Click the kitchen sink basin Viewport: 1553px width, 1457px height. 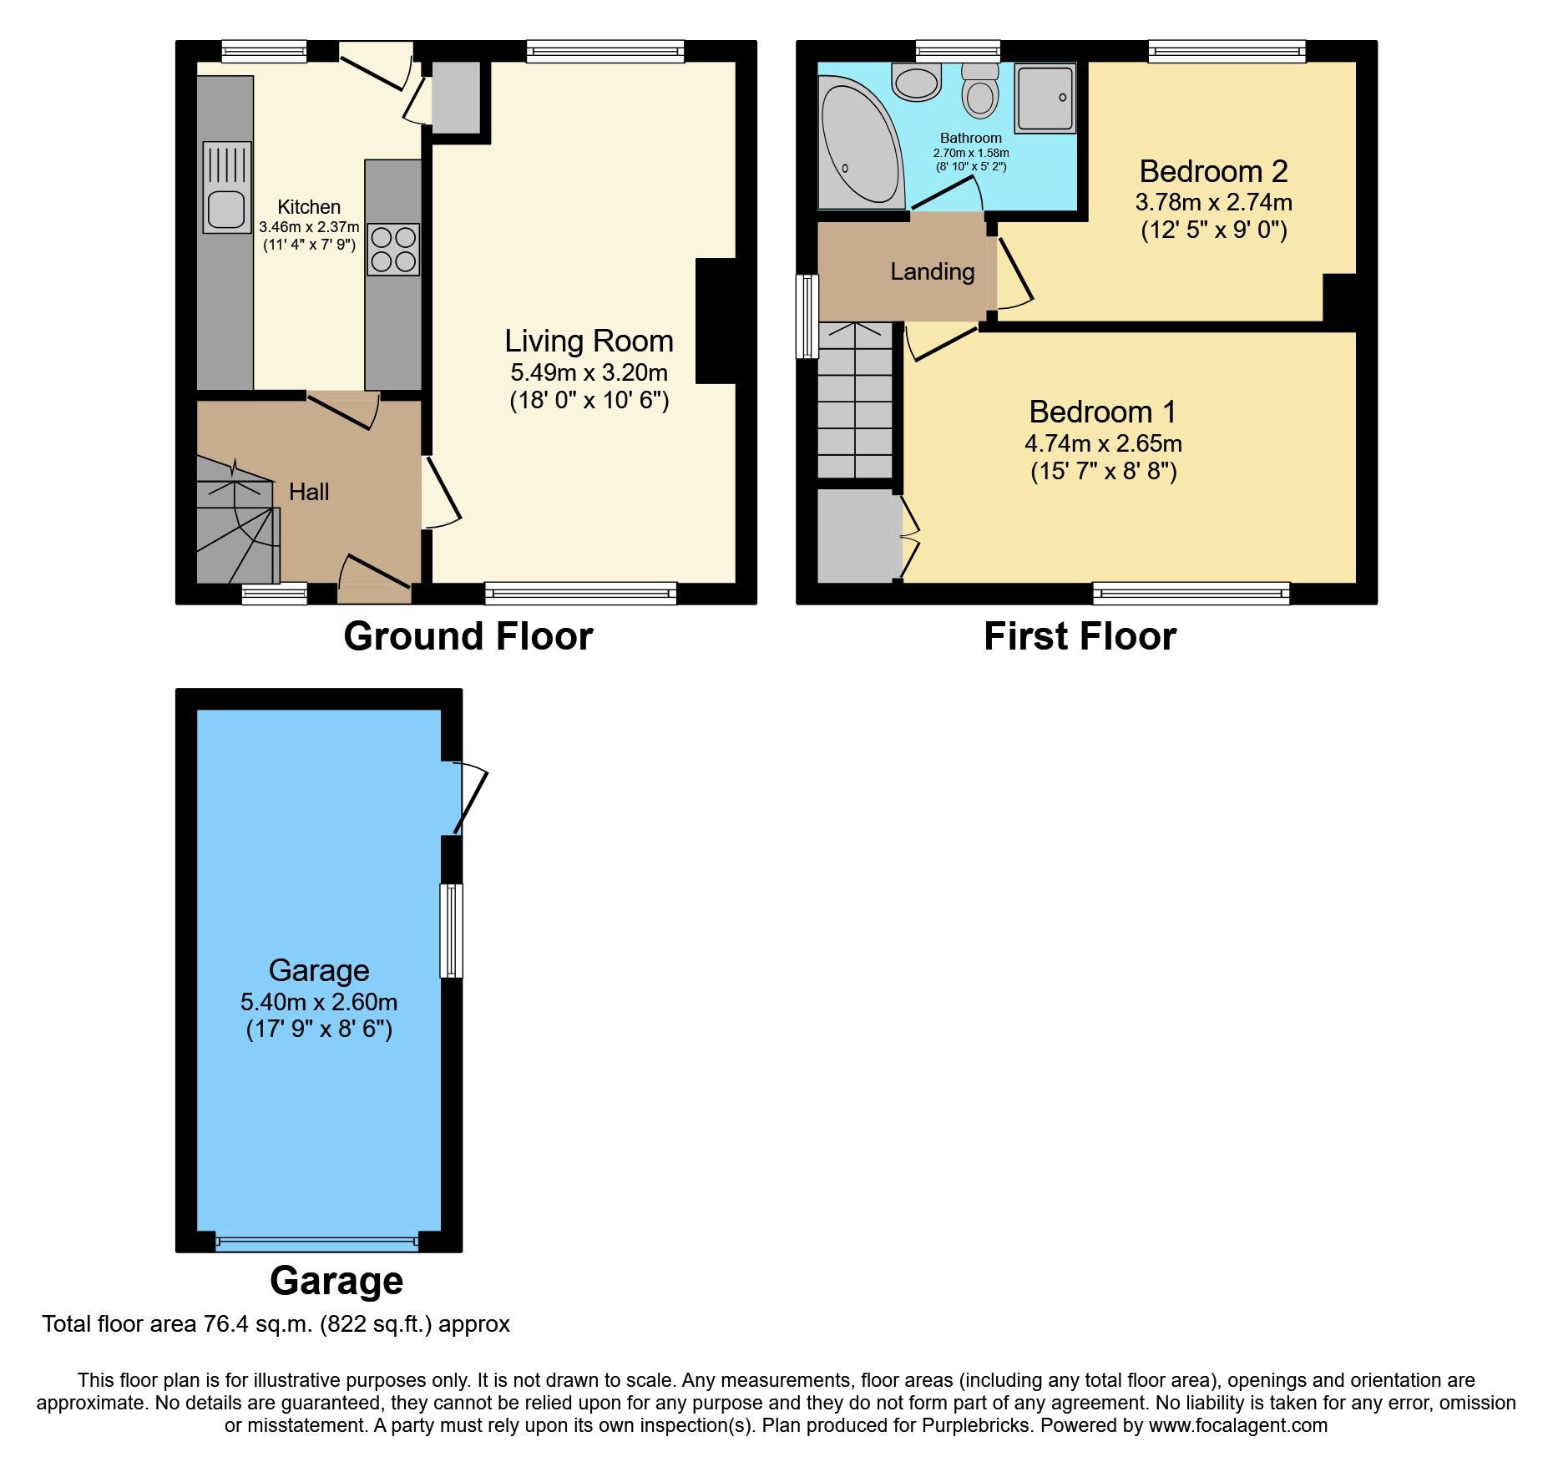click(x=225, y=209)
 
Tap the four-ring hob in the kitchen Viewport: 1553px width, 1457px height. click(x=393, y=250)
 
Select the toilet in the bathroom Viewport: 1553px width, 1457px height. click(x=979, y=92)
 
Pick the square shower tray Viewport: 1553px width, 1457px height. click(x=1045, y=99)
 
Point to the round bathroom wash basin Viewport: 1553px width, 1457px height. click(x=916, y=83)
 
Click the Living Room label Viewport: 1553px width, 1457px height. click(x=589, y=341)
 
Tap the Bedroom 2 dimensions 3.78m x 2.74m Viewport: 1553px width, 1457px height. click(x=1213, y=202)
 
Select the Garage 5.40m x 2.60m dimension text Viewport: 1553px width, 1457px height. click(x=319, y=1001)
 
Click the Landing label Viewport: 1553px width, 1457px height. click(x=932, y=271)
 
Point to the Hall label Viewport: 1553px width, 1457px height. click(x=309, y=492)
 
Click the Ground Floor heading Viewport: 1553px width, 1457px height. click(x=468, y=636)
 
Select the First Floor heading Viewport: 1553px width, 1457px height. click(x=1079, y=636)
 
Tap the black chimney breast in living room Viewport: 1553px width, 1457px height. click(x=716, y=321)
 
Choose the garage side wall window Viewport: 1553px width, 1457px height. click(x=451, y=930)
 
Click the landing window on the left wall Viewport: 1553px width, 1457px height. click(x=807, y=316)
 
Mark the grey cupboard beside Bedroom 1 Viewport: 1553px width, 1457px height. click(x=854, y=535)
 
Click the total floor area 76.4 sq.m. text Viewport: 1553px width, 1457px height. click(x=276, y=1324)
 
